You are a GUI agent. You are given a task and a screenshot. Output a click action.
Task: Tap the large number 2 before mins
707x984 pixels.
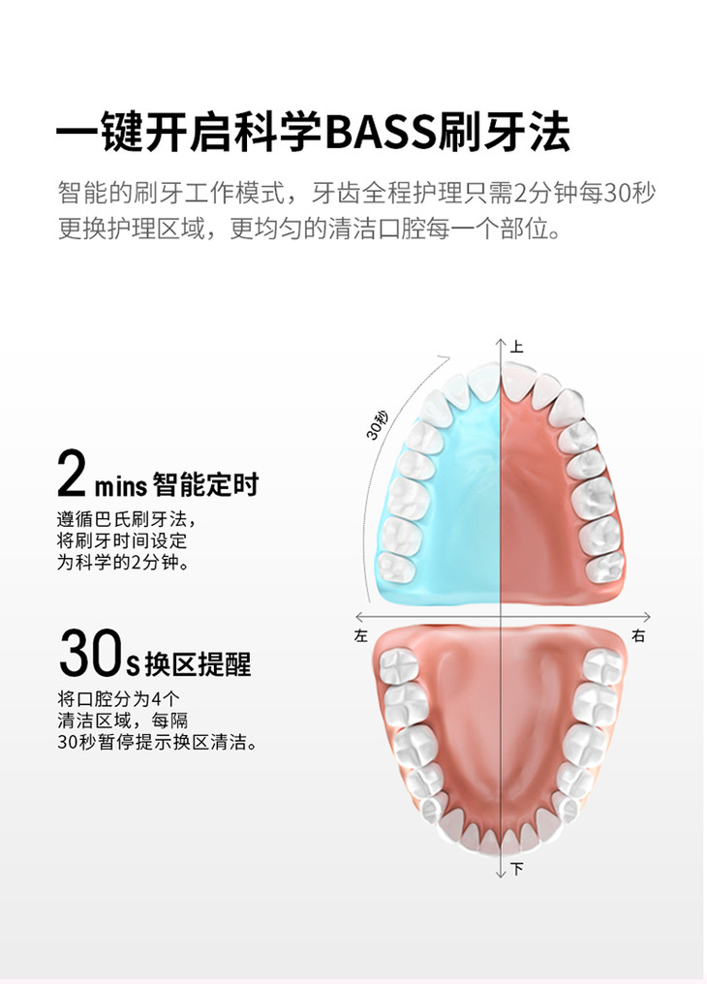pyautogui.click(x=74, y=474)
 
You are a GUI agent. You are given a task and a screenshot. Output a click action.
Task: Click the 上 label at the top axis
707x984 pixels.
pyautogui.click(x=517, y=346)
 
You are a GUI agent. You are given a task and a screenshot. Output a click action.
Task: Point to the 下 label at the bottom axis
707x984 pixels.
pyautogui.click(x=517, y=869)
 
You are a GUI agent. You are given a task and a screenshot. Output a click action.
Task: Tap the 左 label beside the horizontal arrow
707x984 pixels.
pyautogui.click(x=362, y=636)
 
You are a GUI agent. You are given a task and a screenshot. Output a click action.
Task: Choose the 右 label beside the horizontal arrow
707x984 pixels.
pyautogui.click(x=638, y=636)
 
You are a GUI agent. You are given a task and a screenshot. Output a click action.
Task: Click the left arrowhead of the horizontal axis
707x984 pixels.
pyautogui.click(x=359, y=616)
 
